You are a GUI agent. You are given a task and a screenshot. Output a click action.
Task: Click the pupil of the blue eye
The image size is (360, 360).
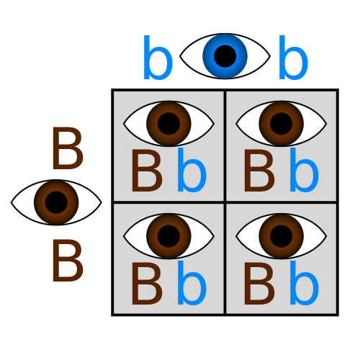point(225,56)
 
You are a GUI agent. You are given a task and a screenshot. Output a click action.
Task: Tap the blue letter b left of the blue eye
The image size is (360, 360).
point(158,58)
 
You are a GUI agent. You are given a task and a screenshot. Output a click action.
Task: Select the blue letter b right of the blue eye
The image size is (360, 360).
point(293,58)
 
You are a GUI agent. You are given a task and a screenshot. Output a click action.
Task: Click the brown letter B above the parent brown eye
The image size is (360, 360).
point(68,148)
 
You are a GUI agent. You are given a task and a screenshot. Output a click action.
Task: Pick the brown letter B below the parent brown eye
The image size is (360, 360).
point(68,260)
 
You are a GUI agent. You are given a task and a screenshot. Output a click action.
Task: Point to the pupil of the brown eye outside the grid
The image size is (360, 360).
point(56,202)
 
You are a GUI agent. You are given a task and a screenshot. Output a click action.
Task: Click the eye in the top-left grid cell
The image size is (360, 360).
point(168,124)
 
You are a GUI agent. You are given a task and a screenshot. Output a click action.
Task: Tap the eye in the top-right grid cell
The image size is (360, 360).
point(281,124)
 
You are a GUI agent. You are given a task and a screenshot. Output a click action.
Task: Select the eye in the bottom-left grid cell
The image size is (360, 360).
point(168,236)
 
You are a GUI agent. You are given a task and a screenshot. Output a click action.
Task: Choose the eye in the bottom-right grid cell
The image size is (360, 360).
point(281,236)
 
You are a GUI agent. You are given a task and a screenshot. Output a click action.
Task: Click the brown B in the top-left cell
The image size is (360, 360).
point(147,171)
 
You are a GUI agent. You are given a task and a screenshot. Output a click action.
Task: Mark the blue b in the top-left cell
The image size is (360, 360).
point(192,170)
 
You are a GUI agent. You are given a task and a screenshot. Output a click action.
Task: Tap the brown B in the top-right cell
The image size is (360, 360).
point(259,171)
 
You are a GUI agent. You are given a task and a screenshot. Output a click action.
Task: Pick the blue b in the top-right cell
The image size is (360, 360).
point(304,170)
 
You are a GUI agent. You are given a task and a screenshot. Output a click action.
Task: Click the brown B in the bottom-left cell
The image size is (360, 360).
point(147,284)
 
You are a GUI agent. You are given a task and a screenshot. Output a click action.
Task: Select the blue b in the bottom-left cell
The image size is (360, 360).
point(192,283)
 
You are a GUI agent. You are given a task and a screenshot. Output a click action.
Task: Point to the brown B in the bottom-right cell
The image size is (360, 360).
point(259,284)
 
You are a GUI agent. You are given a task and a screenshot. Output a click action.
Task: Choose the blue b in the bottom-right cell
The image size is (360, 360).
point(304,283)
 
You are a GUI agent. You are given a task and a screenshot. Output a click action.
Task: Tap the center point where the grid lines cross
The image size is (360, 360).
point(225,202)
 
